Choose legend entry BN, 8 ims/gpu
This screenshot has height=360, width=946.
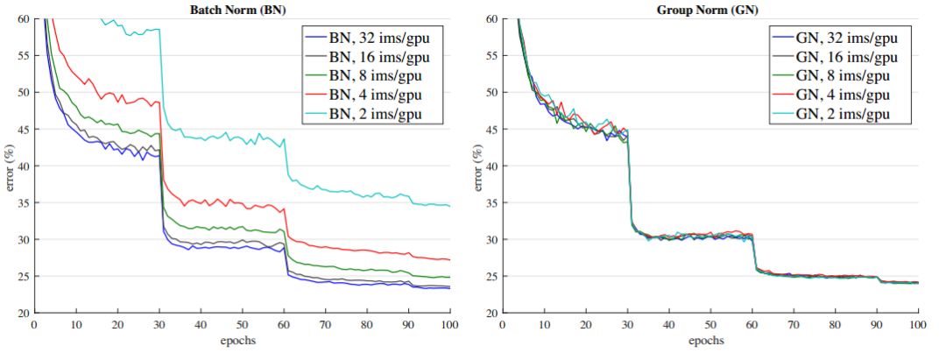tap(378, 78)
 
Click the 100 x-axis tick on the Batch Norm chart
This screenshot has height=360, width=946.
tap(449, 324)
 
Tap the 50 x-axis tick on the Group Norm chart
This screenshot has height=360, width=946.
tap(710, 324)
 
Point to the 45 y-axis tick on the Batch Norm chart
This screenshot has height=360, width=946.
tap(21, 129)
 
